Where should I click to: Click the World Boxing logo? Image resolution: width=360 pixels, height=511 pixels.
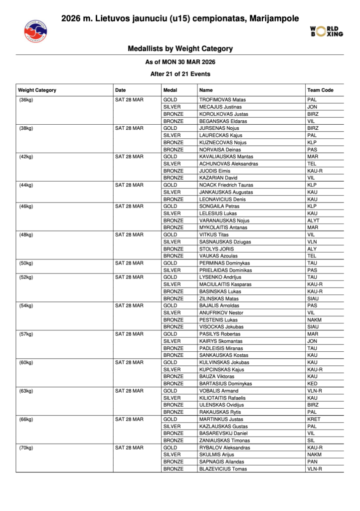[x=327, y=31]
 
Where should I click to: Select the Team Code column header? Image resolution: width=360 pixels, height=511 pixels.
[x=320, y=90]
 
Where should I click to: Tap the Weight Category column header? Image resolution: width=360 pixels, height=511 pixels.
[x=37, y=90]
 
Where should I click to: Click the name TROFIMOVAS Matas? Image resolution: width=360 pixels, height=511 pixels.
[x=222, y=100]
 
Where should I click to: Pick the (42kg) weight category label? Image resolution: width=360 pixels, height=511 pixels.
[x=25, y=157]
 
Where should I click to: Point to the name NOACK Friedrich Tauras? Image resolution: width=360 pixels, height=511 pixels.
[x=226, y=185]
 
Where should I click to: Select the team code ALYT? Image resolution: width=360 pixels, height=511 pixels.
[x=314, y=221]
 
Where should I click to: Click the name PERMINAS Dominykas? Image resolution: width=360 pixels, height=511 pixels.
[x=224, y=263]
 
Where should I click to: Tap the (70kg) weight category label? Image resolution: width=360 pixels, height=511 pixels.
[x=25, y=448]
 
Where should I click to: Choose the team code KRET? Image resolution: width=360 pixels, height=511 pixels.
[x=314, y=419]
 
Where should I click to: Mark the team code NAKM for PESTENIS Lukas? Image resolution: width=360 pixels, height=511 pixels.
[x=315, y=320]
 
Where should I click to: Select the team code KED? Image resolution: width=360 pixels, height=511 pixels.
[x=313, y=384]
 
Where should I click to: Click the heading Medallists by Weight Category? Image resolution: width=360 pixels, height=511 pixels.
[x=180, y=49]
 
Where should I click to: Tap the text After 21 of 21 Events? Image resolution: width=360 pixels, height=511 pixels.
[x=180, y=74]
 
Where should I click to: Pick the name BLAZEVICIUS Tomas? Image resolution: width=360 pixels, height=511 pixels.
[x=222, y=469]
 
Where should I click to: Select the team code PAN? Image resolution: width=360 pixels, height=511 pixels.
[x=313, y=462]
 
